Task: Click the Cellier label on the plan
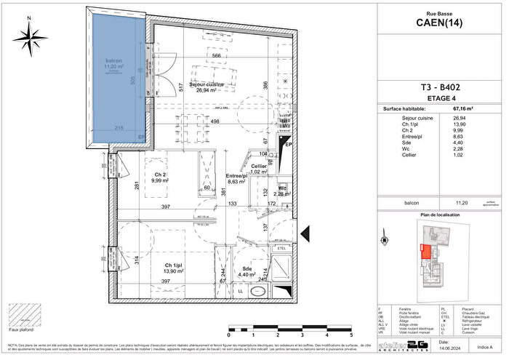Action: point(258,167)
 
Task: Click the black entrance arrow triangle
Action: point(306,233)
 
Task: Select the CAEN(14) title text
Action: point(441,22)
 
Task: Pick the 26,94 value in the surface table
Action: point(459,118)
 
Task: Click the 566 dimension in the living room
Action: point(216,56)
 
